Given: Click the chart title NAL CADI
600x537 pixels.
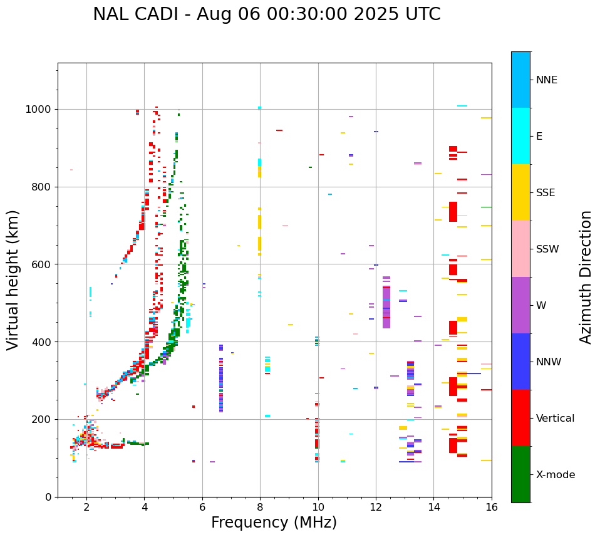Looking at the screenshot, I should click(x=266, y=14).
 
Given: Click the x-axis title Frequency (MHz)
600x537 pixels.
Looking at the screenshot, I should click(x=274, y=523).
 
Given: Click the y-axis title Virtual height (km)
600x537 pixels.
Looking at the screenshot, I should click(x=13, y=279).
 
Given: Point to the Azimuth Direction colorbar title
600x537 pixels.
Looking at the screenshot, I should click(x=586, y=277).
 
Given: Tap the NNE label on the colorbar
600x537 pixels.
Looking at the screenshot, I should click(x=546, y=80).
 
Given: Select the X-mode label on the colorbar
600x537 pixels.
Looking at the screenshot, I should click(x=555, y=475).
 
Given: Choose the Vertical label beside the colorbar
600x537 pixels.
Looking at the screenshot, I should click(x=555, y=419).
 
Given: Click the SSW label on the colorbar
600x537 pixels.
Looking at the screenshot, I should click(x=547, y=249).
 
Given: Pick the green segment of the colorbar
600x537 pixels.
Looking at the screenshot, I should click(x=520, y=474).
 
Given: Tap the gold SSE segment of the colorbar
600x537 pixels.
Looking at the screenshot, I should click(x=520, y=192).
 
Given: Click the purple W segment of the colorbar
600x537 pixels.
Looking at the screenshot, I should click(x=520, y=305).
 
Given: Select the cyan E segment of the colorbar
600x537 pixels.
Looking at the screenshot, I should click(x=520, y=136).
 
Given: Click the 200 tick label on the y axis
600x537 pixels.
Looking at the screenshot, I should click(x=43, y=419).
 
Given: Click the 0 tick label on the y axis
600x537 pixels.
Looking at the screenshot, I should click(x=49, y=497).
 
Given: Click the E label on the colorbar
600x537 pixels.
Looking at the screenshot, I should click(x=539, y=137).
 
